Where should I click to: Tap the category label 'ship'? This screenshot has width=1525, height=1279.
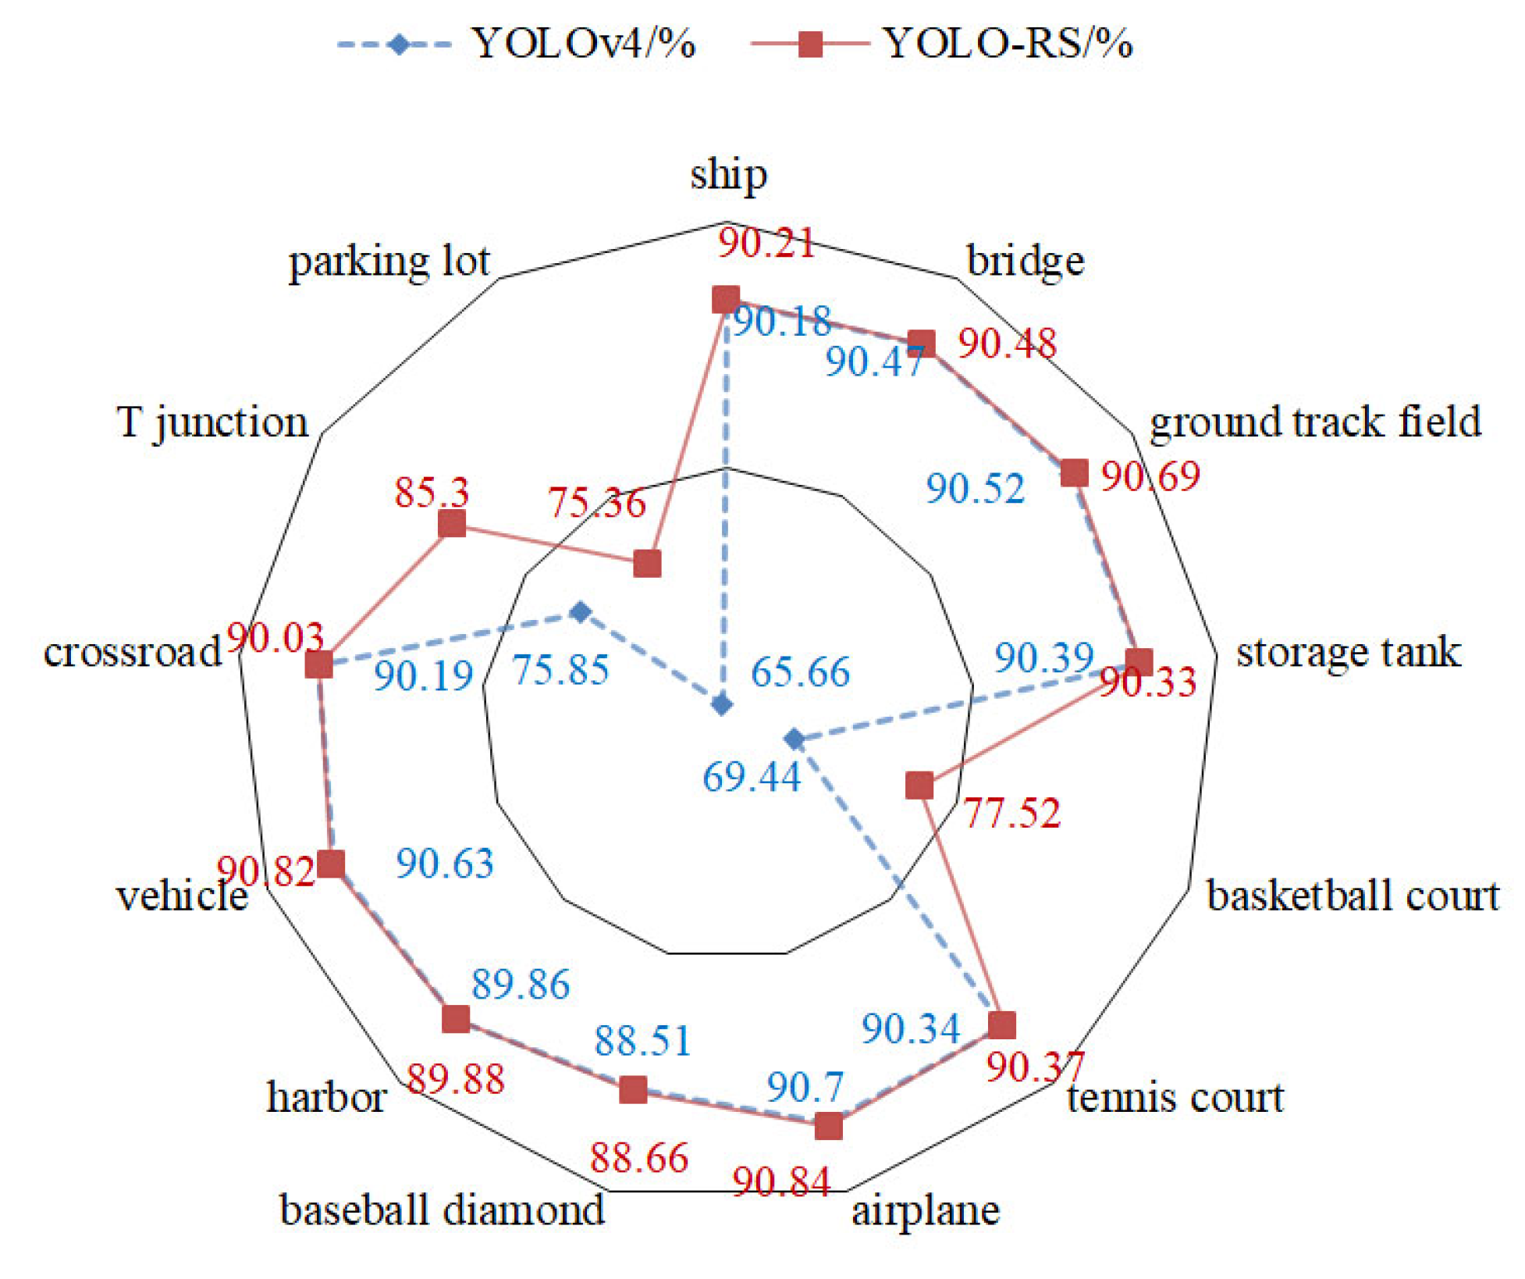tap(728, 175)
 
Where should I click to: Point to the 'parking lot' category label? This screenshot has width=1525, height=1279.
tap(389, 262)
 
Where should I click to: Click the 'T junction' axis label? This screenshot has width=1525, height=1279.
tap(212, 422)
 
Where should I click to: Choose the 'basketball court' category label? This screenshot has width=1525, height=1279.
tap(1353, 896)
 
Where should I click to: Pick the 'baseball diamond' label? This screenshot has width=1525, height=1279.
tap(442, 1210)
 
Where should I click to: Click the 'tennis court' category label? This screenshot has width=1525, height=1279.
tap(1175, 1097)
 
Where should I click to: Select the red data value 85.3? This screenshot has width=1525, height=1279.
tap(432, 493)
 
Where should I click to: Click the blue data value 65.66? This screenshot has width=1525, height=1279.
tap(800, 672)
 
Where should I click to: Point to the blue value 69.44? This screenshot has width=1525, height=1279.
tap(752, 777)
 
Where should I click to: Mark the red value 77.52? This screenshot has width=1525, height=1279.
tap(1011, 813)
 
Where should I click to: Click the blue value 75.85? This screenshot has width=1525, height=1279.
tap(560, 670)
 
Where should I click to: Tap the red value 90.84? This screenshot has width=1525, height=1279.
tap(781, 1182)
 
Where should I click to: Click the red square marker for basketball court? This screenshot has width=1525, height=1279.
tap(919, 785)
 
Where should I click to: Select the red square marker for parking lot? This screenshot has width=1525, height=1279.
tap(647, 563)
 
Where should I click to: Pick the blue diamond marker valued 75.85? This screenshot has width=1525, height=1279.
tap(580, 611)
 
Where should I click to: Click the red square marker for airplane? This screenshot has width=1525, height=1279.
tap(828, 1126)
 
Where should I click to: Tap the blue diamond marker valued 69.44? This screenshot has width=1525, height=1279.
tap(794, 738)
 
